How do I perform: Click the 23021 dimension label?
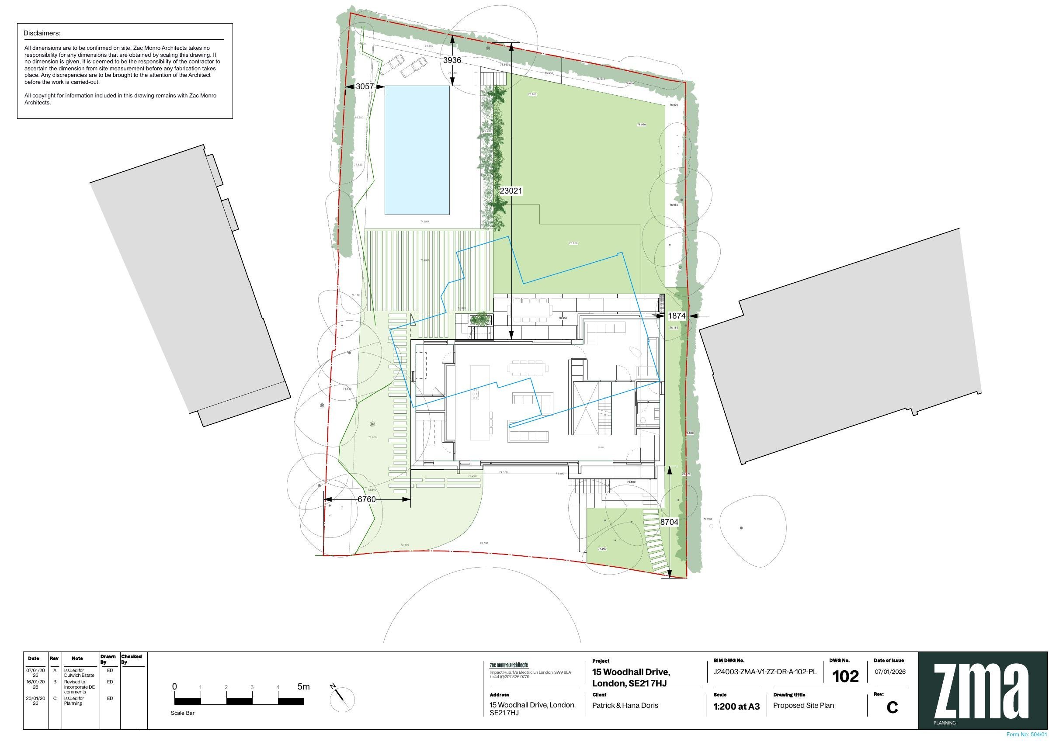[511, 191]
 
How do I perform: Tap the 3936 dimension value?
[452, 60]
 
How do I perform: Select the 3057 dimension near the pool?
[365, 87]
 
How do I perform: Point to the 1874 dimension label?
[677, 315]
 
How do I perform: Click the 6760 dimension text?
[367, 499]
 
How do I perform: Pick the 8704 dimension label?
[669, 522]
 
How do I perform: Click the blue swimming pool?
[417, 150]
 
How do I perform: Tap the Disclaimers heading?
[42, 33]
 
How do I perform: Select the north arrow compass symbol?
[342, 699]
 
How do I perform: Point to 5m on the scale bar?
[303, 687]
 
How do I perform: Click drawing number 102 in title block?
[845, 676]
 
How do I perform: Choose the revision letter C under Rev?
[892, 707]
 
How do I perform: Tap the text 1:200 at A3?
[736, 707]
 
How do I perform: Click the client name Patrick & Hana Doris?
[625, 706]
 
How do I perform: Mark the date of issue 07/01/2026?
[890, 672]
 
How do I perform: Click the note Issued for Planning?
[73, 701]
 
